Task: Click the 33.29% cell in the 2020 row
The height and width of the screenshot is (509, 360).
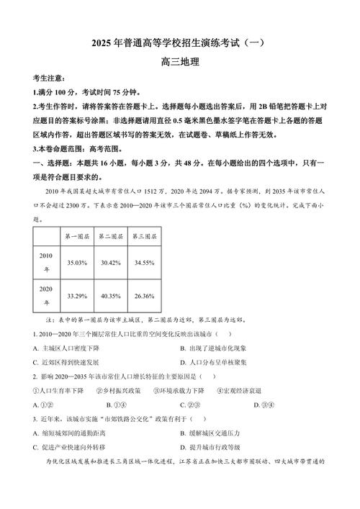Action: point(76,295)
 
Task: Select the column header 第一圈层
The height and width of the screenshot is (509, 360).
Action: point(76,236)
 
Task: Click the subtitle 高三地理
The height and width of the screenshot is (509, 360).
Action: point(179,62)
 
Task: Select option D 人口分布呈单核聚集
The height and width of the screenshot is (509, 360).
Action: point(219,363)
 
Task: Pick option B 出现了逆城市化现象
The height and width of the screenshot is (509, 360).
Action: point(219,349)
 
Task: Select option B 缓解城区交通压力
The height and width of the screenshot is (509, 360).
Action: point(219,433)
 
